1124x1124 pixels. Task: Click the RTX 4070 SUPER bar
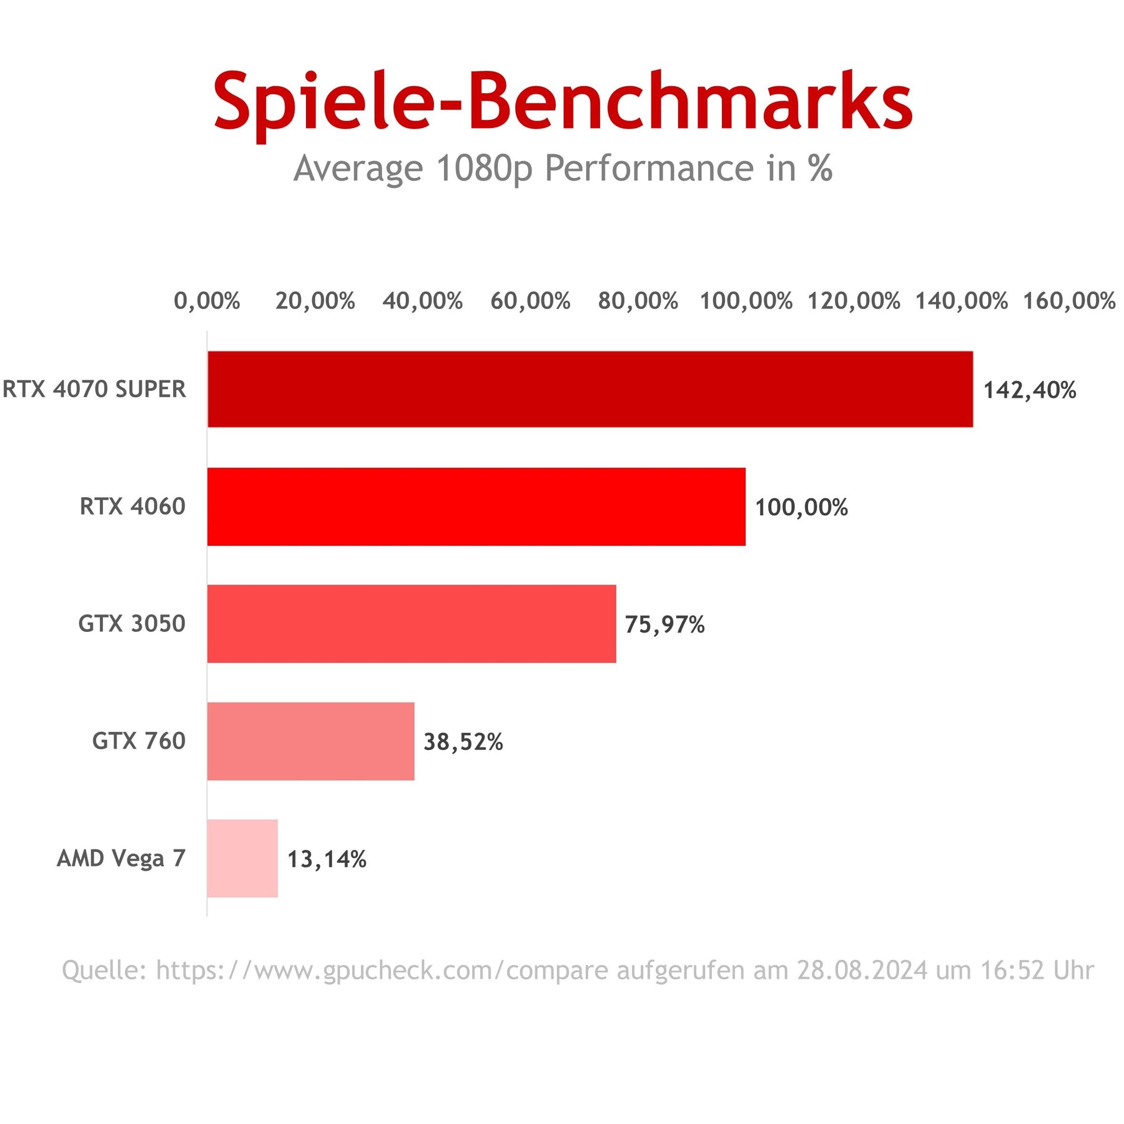pyautogui.click(x=590, y=389)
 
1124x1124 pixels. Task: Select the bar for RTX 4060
pyautogui.click(x=476, y=506)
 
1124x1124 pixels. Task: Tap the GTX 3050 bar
pyautogui.click(x=412, y=624)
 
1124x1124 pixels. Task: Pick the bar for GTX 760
pyautogui.click(x=310, y=741)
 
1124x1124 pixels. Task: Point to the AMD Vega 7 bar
pyautogui.click(x=242, y=859)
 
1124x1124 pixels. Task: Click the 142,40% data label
pyautogui.click(x=1030, y=390)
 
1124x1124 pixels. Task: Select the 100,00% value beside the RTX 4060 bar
pyautogui.click(x=801, y=508)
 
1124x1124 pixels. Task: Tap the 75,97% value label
pyautogui.click(x=664, y=625)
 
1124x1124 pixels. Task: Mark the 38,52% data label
pyautogui.click(x=463, y=742)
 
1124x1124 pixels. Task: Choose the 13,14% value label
pyautogui.click(x=327, y=860)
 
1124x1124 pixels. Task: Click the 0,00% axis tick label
pyautogui.click(x=207, y=301)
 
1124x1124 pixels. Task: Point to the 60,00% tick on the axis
pyautogui.click(x=530, y=301)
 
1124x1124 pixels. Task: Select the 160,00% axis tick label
pyautogui.click(x=1069, y=301)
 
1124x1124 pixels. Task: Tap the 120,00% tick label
pyautogui.click(x=854, y=301)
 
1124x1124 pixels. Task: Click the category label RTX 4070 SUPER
pyautogui.click(x=94, y=389)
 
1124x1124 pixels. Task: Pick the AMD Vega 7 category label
pyautogui.click(x=121, y=859)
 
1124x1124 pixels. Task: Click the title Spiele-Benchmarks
pyautogui.click(x=563, y=102)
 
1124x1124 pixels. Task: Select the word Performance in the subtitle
pyautogui.click(x=649, y=169)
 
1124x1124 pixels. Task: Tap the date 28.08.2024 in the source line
pyautogui.click(x=862, y=970)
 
